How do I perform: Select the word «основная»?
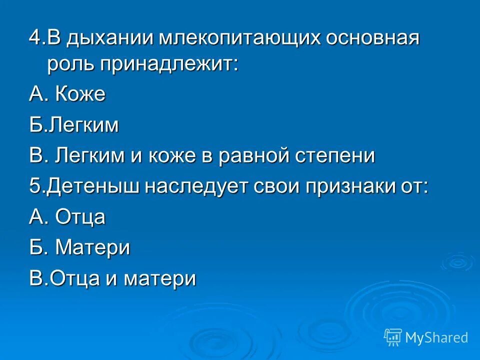pos(373,39)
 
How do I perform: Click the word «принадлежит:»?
pos(168,65)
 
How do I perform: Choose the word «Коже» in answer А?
pos(80,94)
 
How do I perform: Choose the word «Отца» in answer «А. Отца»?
pos(80,217)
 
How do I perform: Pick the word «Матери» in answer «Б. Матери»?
pos(92,247)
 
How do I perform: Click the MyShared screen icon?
pos(393,337)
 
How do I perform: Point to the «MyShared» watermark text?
pos(436,337)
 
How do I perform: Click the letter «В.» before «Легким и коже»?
pos(38,156)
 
